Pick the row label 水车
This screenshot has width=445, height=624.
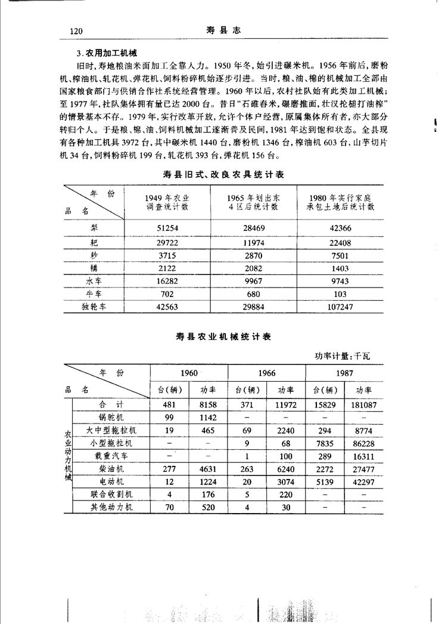[x=94, y=280]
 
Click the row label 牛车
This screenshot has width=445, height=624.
[x=94, y=294]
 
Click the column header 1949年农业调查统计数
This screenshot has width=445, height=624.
[x=167, y=203]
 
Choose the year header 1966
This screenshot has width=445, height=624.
[x=266, y=373]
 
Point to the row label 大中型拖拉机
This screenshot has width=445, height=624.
[x=111, y=430]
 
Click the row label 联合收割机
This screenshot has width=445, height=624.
[x=111, y=494]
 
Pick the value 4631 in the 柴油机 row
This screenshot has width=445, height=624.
[x=207, y=469]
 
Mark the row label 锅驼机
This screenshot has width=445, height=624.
[x=111, y=418]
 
